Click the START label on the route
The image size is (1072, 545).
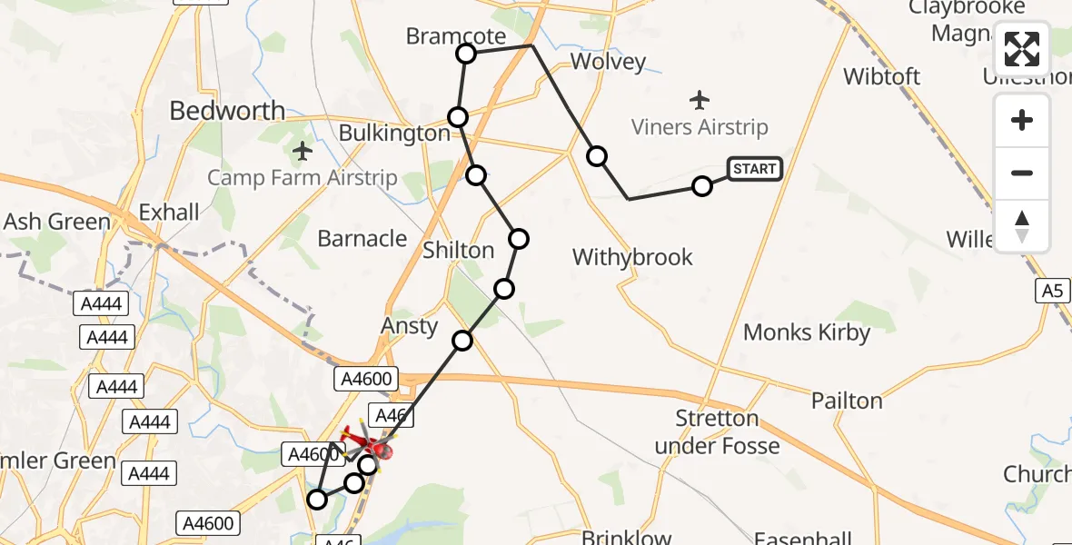point(754,169)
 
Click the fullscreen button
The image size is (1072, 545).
point(1022,49)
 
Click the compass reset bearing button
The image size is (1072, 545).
point(1022,225)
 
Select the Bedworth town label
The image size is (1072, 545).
point(227,111)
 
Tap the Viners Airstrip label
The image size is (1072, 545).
point(699,127)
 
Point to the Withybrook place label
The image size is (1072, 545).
point(632,257)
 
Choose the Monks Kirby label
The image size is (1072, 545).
point(807,332)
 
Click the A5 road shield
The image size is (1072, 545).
point(1052,291)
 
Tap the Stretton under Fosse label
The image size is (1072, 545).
point(718,431)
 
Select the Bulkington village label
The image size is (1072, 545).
point(393,134)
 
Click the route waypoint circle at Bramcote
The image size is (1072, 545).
point(466,54)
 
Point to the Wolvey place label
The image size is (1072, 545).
point(607,62)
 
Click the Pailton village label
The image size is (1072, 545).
point(847,401)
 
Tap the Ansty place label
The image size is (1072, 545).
point(411,325)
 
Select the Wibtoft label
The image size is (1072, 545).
point(881,76)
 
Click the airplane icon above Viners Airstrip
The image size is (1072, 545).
point(699,98)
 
